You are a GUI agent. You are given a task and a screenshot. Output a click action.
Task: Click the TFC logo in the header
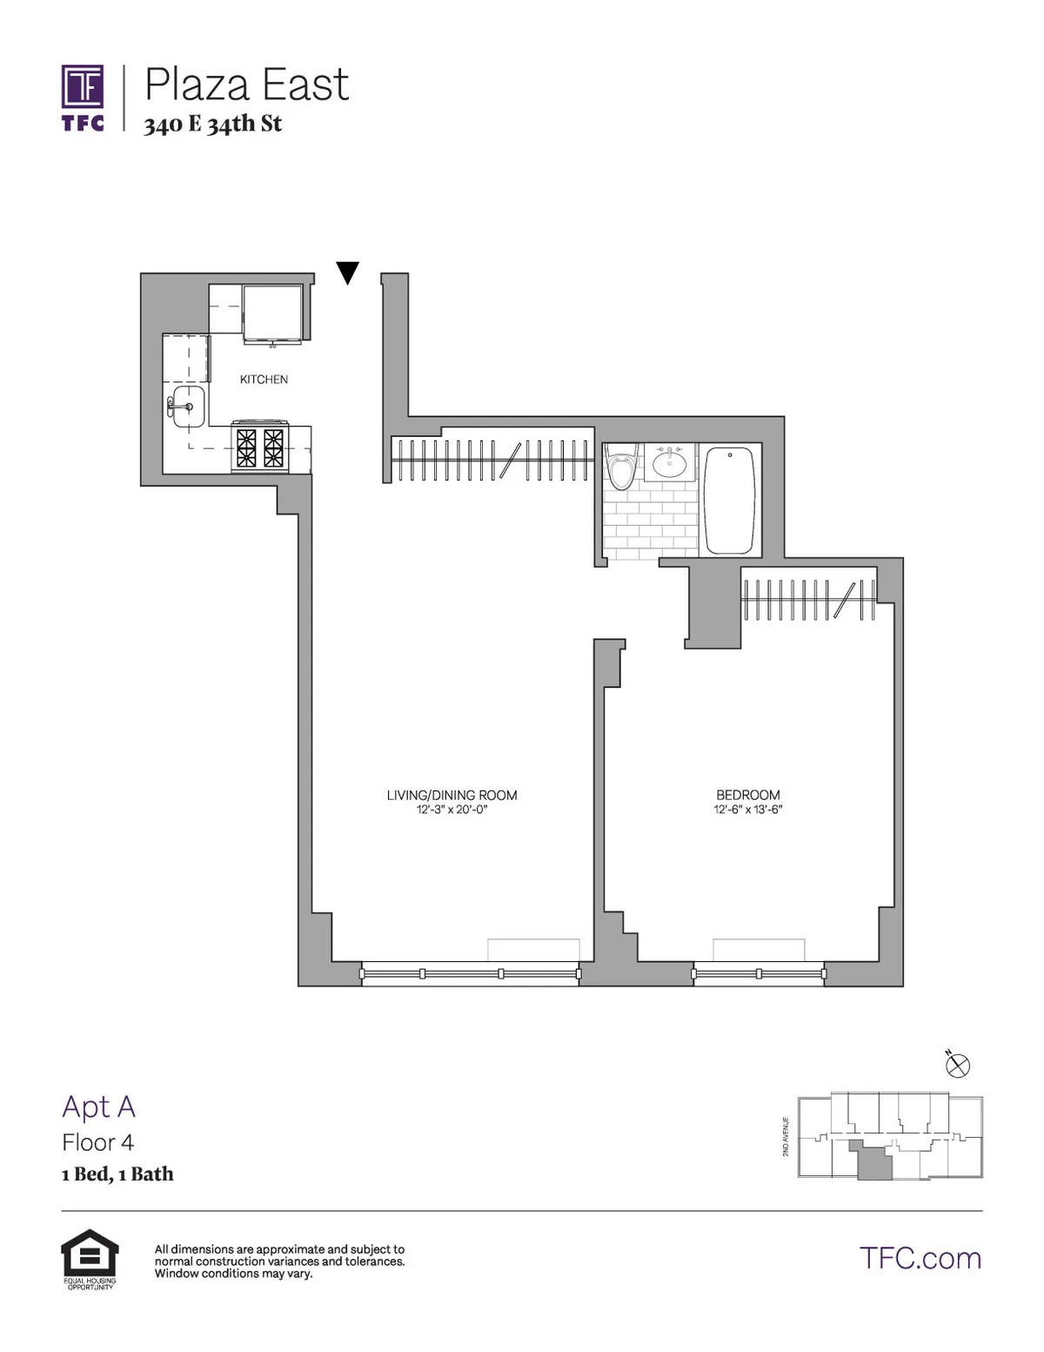(83, 97)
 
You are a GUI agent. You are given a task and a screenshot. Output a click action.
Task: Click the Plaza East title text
(246, 84)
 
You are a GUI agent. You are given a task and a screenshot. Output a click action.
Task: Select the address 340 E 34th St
(213, 124)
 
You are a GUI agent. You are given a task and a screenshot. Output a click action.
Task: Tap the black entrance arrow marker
(348, 272)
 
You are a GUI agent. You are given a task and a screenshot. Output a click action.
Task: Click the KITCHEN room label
(264, 380)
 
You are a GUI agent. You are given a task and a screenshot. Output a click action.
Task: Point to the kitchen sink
(187, 407)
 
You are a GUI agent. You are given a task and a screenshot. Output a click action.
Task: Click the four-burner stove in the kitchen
(260, 447)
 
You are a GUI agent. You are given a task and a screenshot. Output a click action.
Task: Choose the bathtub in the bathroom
(729, 501)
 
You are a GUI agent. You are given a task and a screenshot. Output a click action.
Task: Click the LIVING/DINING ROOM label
(452, 795)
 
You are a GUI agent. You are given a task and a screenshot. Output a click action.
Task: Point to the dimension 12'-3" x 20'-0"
(452, 810)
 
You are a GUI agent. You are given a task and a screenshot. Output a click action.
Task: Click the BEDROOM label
(747, 795)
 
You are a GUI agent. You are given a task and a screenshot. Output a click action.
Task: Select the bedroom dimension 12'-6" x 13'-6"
(747, 810)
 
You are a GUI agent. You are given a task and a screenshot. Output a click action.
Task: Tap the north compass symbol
(957, 1065)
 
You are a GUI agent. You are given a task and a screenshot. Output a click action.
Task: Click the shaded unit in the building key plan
(873, 1163)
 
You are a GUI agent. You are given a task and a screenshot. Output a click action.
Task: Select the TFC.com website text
(920, 1258)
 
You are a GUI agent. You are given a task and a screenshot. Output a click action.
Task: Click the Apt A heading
(98, 1106)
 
